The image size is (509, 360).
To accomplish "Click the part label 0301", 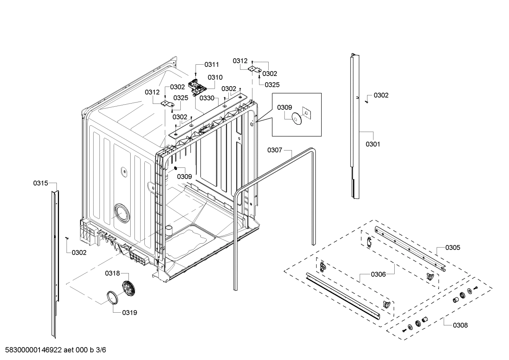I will pos(373,144).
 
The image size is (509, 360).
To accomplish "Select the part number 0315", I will pos(41,183).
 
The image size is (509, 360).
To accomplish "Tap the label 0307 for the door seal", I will pos(275,150).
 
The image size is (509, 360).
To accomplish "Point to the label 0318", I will pos(112,273).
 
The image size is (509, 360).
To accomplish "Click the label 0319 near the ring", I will pos(130,313).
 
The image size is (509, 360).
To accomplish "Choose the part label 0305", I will pos(453,248).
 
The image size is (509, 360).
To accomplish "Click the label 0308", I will pos(460,325).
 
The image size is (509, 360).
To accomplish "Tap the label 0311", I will pos(211,64).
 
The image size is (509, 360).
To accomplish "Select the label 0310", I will pos(215,77).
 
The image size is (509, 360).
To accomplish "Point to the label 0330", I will pos(207,98).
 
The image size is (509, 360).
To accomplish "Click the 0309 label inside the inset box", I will pos(285,107).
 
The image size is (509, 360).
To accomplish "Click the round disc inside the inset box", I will pos(296,119).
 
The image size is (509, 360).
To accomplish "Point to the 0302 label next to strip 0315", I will pos(79,253).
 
